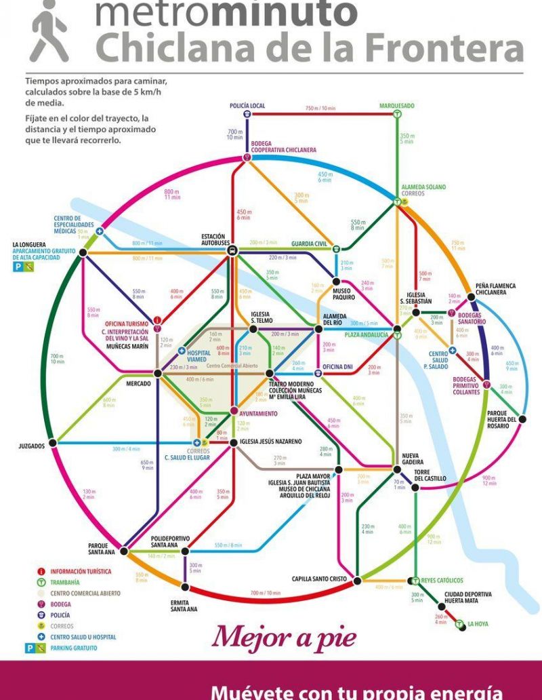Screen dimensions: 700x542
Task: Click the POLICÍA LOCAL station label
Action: (x=247, y=106)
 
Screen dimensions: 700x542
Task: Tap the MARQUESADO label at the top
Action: (x=396, y=106)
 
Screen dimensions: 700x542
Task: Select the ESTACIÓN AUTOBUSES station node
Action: (x=232, y=250)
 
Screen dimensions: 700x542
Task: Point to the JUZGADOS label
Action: (x=31, y=446)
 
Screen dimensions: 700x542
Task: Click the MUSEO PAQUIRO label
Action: (x=345, y=294)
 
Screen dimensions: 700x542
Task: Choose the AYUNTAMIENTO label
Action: (x=258, y=412)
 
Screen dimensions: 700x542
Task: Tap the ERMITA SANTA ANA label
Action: (x=184, y=605)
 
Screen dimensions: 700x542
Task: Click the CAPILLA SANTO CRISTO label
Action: (x=318, y=579)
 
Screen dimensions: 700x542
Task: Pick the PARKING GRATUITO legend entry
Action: (x=73, y=648)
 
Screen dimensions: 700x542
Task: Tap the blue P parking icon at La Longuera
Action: (x=18, y=267)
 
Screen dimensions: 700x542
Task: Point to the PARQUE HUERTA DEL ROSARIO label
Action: (x=502, y=419)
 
